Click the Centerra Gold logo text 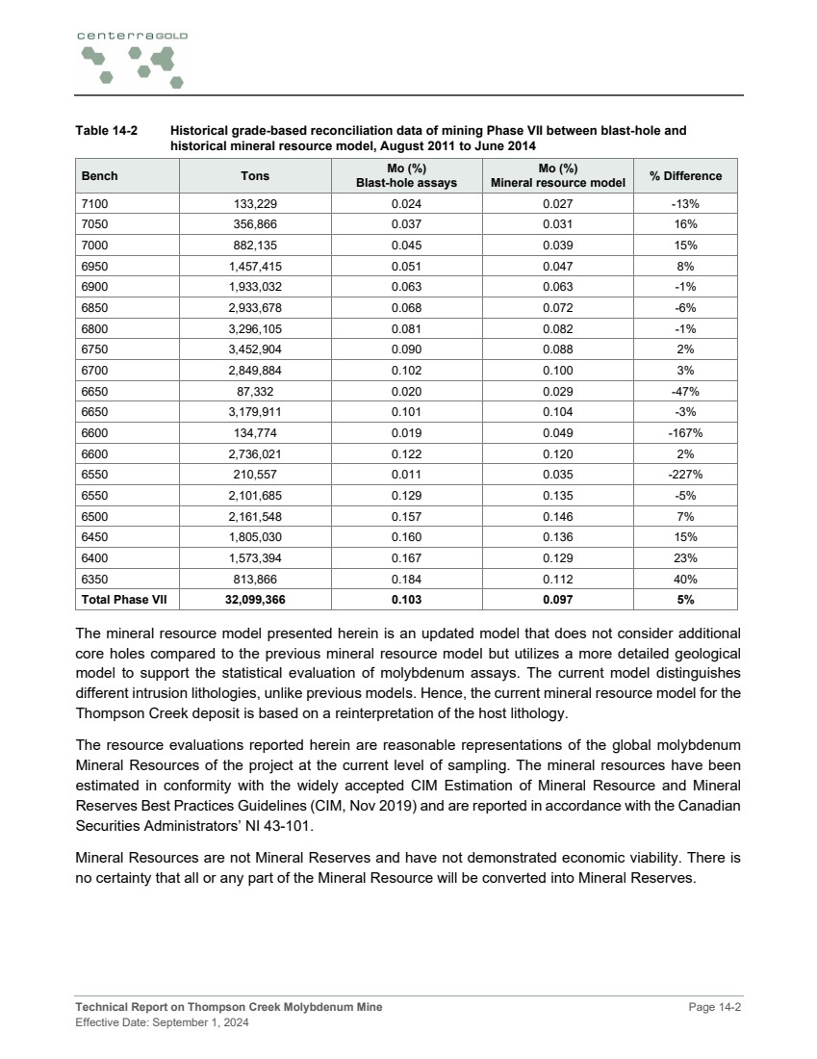point(133,35)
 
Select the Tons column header point(255,176)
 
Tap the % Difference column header point(685,176)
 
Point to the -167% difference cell point(685,432)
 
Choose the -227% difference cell point(685,475)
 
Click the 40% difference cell point(685,580)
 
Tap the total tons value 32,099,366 point(255,600)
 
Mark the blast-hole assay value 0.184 point(406,580)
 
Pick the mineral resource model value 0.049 point(557,432)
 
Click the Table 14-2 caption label point(107,130)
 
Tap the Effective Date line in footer point(163,1023)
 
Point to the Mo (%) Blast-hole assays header point(406,176)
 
